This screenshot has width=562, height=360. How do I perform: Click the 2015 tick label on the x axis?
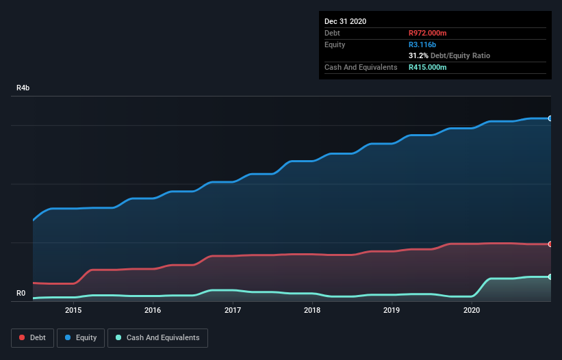click(x=73, y=310)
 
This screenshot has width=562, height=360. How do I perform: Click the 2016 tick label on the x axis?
click(x=153, y=310)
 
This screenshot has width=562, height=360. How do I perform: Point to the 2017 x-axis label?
click(x=233, y=310)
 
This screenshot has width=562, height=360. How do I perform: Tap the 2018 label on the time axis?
click(x=312, y=310)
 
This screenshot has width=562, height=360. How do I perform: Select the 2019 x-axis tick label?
click(x=392, y=310)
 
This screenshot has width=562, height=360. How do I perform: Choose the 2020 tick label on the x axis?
click(x=472, y=310)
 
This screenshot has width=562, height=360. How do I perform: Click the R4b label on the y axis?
click(x=23, y=88)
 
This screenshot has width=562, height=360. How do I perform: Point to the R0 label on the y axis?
click(x=22, y=294)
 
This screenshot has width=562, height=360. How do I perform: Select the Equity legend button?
click(x=81, y=337)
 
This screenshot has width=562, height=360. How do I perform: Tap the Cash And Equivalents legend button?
click(x=157, y=337)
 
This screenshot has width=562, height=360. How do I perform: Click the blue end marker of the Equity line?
click(x=550, y=118)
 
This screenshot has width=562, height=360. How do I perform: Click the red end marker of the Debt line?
click(x=550, y=244)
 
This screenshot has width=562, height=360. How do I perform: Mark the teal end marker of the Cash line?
click(x=550, y=277)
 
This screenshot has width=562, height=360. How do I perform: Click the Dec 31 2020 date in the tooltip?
click(x=345, y=21)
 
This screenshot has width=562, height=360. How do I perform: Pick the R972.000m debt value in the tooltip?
click(x=428, y=33)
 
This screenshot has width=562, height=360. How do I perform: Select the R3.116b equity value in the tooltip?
click(x=422, y=44)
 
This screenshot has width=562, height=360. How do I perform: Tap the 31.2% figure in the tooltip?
click(x=418, y=55)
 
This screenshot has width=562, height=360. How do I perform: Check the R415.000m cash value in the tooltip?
click(x=428, y=67)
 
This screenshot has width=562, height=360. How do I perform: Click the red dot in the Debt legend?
click(x=23, y=337)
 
